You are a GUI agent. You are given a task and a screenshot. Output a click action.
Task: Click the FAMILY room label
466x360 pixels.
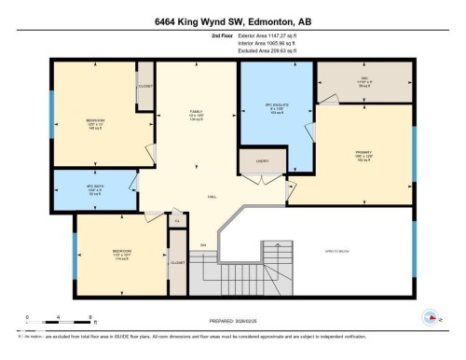coord(184,115)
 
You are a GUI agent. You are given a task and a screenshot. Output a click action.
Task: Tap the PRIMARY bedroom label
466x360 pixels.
coord(363,157)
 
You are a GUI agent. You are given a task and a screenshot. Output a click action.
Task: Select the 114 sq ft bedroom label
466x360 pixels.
coord(122,255)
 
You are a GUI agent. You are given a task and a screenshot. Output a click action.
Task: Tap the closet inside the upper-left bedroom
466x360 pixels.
coord(144,87)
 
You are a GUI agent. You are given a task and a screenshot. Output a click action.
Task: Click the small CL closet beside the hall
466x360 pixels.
coord(178,221)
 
